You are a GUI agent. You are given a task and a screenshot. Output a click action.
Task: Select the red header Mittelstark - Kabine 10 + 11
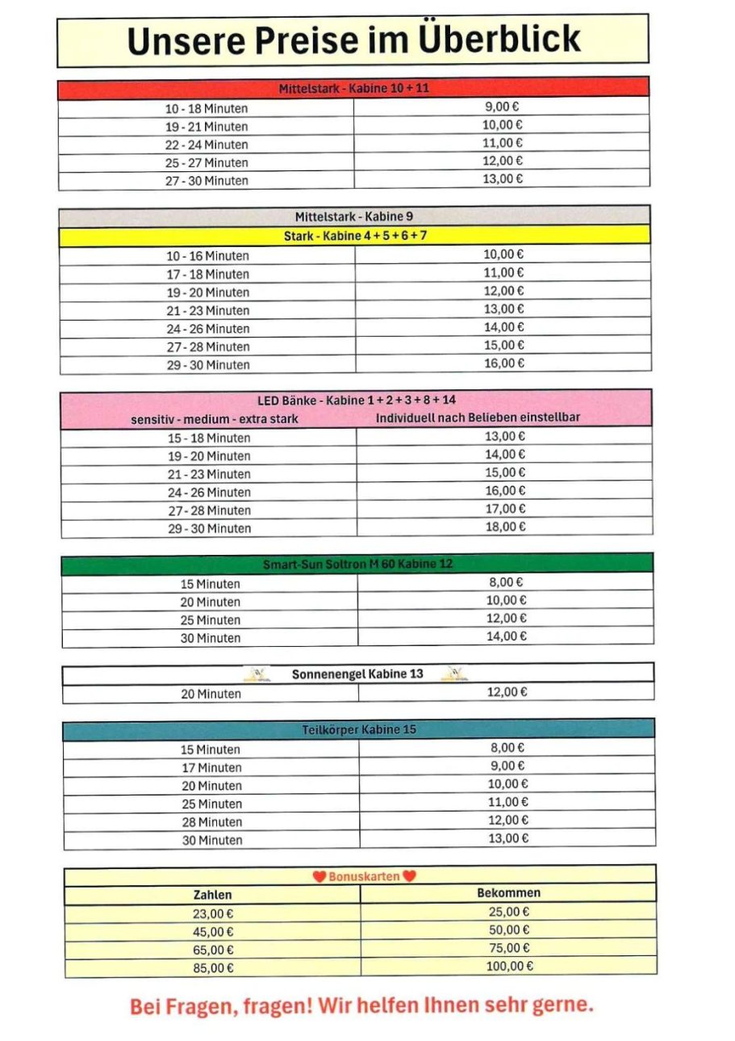[353, 88]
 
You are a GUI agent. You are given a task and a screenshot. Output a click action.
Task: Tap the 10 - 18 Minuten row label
[207, 108]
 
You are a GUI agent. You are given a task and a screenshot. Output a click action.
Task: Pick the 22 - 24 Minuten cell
[207, 145]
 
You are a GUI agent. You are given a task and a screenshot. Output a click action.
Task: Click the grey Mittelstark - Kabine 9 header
[354, 216]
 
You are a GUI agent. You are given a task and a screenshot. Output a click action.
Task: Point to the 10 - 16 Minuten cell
[207, 256]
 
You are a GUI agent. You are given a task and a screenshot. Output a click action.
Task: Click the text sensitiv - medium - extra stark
[215, 419]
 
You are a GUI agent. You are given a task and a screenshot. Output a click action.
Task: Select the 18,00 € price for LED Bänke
[505, 527]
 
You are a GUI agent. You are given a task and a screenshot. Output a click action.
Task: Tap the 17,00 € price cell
[505, 509]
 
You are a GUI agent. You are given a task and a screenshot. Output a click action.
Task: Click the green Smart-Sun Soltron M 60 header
[357, 564]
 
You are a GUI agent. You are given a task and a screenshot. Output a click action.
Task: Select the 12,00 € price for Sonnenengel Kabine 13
[507, 692]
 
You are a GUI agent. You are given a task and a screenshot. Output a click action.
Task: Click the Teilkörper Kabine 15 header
[359, 730]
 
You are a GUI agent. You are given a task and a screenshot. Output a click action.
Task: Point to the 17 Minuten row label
[211, 767]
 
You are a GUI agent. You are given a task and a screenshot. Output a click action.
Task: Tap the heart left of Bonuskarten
[319, 876]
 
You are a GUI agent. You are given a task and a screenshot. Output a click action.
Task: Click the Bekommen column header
[508, 893]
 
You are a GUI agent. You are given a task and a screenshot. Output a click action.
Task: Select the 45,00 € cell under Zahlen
[214, 931]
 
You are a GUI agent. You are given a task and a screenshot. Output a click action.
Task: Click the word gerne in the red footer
[562, 1006]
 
